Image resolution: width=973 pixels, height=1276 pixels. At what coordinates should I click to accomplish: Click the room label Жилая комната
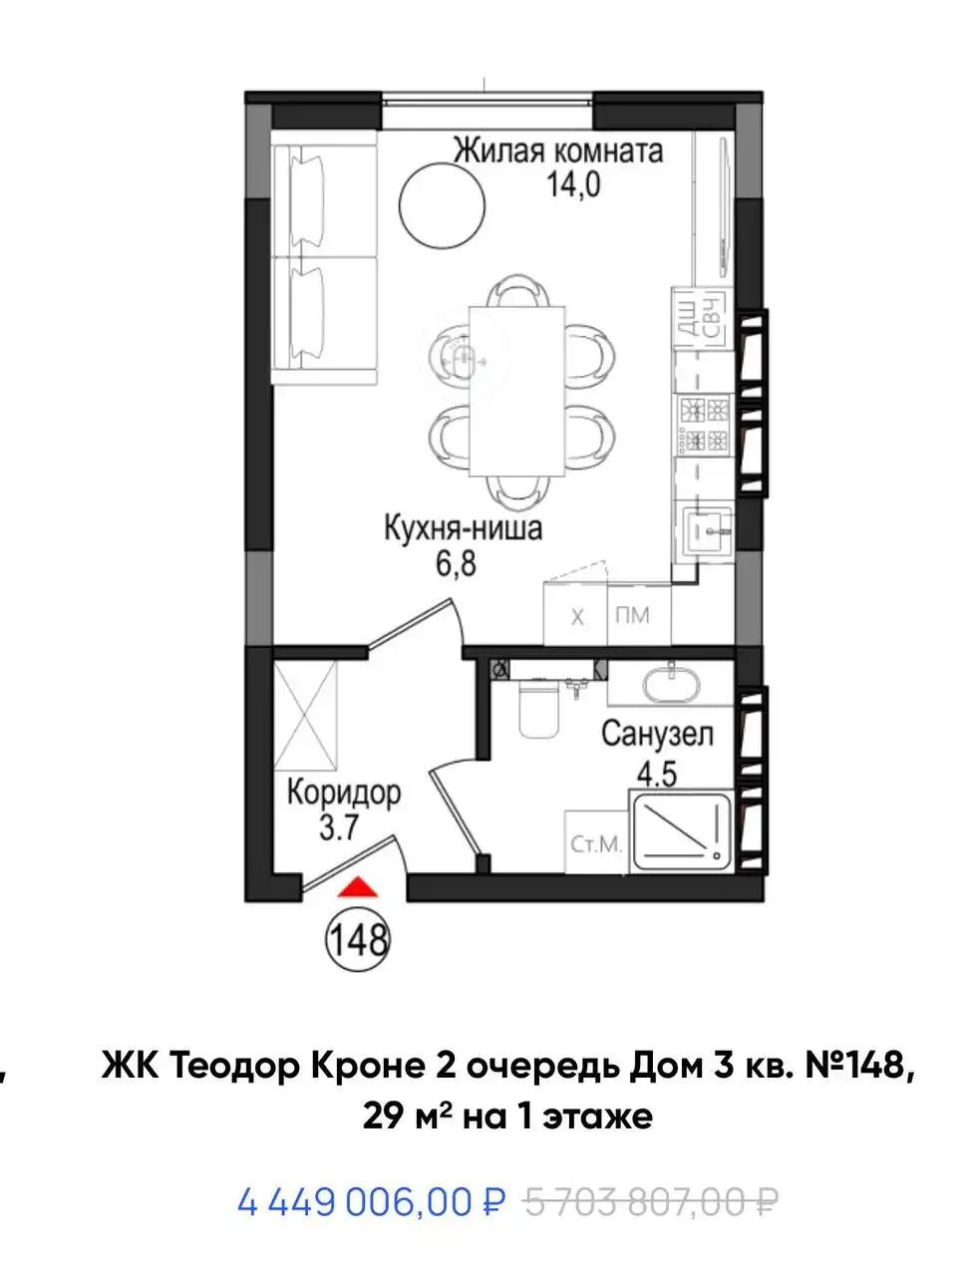coord(557,151)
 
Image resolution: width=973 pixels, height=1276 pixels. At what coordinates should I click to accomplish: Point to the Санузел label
coord(657,736)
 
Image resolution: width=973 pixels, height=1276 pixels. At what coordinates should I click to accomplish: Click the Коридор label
coord(343,794)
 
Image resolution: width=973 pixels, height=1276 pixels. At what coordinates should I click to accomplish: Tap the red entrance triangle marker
coord(356,888)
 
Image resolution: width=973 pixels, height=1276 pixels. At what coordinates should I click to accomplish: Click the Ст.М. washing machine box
coord(596,844)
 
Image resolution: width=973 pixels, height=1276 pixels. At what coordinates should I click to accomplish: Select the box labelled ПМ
coord(631,615)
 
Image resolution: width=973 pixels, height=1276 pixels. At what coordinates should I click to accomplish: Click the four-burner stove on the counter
coord(704,424)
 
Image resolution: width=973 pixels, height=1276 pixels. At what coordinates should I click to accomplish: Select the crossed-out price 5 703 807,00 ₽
coord(650,1202)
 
